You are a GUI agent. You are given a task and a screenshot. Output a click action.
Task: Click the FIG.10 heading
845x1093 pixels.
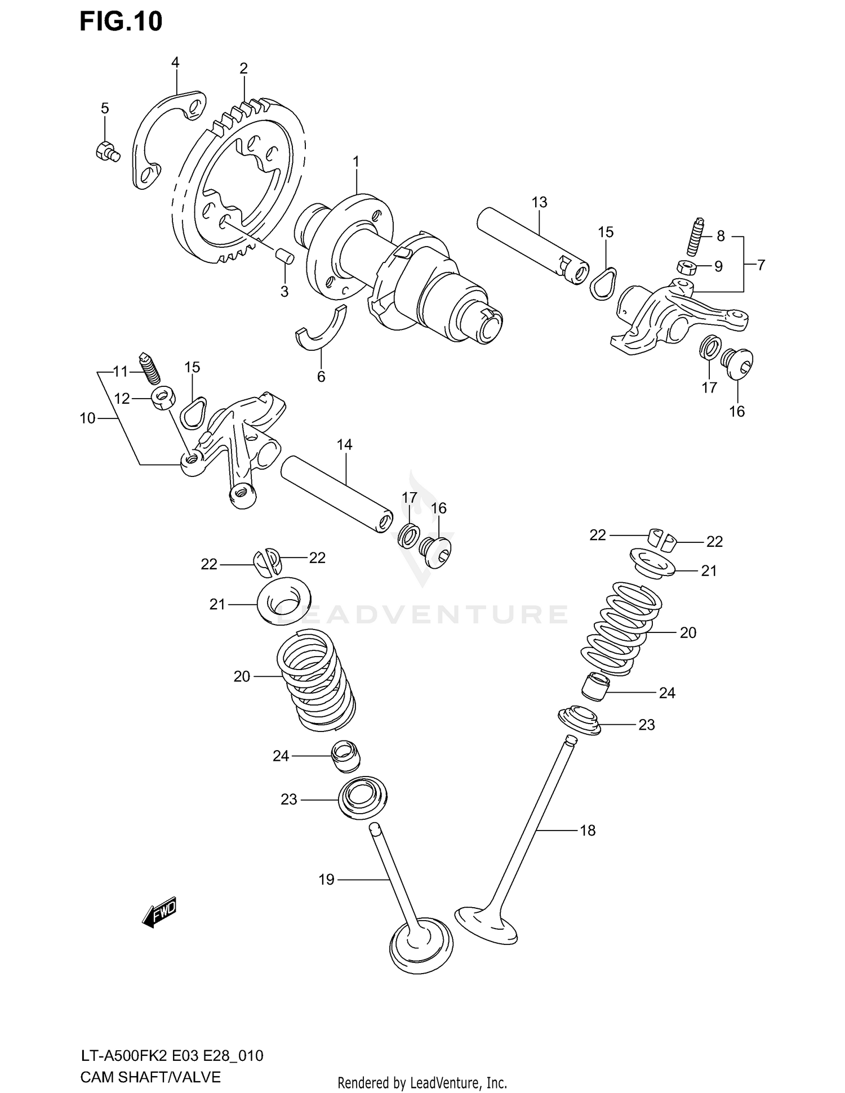coord(121,21)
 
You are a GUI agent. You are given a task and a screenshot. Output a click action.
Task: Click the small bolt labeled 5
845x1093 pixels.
coord(106,151)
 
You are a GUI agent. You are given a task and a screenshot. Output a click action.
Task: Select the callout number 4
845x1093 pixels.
coord(175,63)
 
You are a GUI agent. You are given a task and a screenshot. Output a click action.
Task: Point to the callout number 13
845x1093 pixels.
coord(539,202)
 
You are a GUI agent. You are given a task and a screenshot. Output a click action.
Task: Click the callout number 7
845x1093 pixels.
coord(760,265)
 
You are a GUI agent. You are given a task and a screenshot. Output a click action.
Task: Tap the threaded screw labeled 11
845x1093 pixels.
coord(149,368)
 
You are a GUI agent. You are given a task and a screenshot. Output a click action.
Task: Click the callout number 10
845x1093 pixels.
coord(87,418)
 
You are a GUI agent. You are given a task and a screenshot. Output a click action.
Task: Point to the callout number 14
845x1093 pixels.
coord(344,445)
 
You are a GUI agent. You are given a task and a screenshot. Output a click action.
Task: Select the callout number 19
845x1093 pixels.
coord(326,880)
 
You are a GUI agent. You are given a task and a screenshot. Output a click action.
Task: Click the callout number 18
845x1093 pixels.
coord(587,830)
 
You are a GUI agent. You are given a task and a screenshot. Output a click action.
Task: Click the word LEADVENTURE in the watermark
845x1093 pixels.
coord(422,614)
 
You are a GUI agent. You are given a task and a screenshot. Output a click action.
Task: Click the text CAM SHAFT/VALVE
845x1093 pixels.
coord(150,1077)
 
